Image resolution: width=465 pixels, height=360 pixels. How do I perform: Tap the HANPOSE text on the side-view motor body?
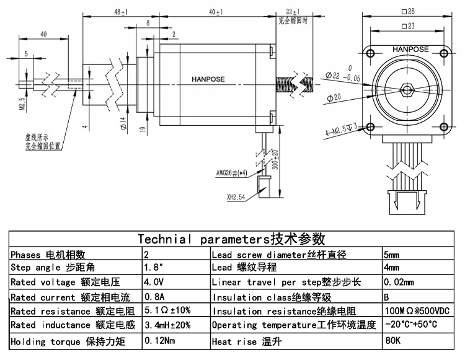pyautogui.click(x=208, y=79)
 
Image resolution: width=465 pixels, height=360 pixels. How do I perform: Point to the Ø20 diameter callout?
pyautogui.click(x=333, y=97)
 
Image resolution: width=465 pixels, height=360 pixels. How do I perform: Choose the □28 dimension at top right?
pyautogui.click(x=407, y=12)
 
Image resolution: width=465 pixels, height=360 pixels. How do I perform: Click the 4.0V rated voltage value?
pyautogui.click(x=153, y=282)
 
